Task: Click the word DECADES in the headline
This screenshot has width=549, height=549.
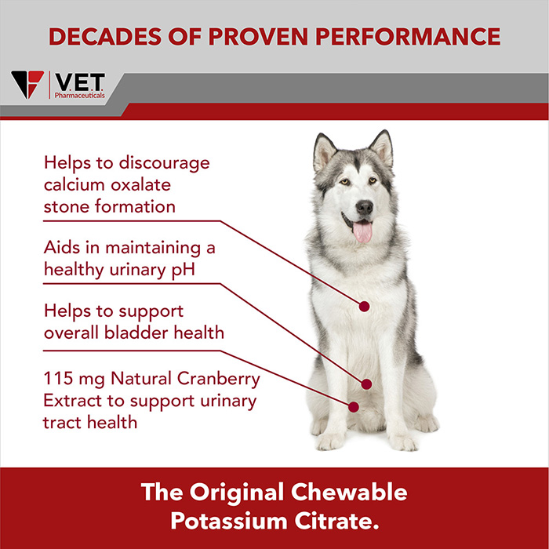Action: point(105,36)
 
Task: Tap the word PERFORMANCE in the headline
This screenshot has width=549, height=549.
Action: point(408,36)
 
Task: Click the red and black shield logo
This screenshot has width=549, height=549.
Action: point(27,84)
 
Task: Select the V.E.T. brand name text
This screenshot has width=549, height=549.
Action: point(80,82)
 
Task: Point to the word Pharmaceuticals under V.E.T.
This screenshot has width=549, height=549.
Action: point(79,95)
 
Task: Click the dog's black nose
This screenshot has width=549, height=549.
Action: point(364,207)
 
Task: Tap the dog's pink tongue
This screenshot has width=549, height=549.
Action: point(362,232)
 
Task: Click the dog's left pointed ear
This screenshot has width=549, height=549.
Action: point(324,152)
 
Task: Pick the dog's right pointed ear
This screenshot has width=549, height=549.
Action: point(382,149)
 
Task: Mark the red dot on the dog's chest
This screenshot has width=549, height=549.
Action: point(364,307)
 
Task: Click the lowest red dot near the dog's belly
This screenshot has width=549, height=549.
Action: point(354,407)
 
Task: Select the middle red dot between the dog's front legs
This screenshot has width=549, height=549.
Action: point(366,384)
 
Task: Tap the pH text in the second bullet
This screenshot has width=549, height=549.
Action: point(183,271)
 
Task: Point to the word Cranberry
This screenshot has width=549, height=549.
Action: point(219,379)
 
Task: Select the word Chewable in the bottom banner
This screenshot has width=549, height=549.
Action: point(349,492)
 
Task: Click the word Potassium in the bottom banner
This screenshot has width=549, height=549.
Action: point(229,521)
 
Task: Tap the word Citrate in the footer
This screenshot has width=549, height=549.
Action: point(336,521)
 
